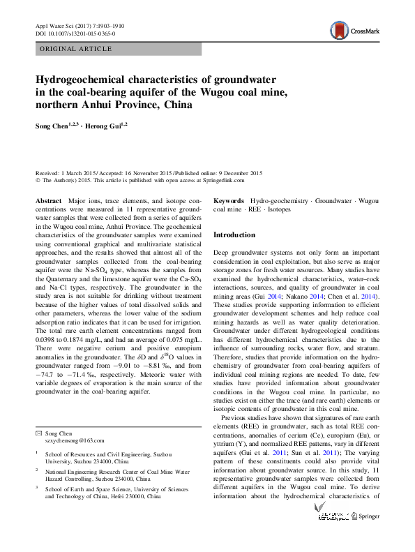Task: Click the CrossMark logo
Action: pos(354,31)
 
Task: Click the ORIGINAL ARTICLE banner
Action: pos(76,48)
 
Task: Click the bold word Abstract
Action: pos(48,200)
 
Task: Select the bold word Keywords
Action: pos(229,200)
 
